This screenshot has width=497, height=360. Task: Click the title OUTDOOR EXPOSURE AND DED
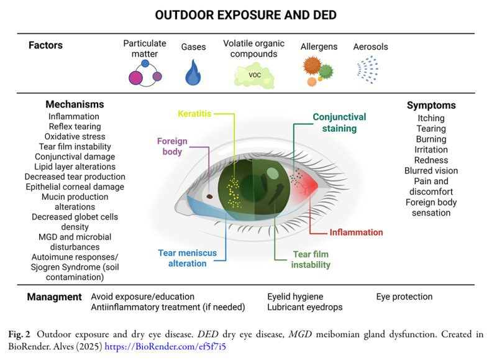tap(248, 14)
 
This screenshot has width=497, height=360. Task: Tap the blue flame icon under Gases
tap(193, 73)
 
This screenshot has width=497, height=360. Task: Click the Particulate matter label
tap(145, 48)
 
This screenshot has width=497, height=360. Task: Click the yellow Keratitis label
tap(194, 114)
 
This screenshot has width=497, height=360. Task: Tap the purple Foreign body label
tap(172, 146)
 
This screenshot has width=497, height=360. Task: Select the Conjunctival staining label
tap(339, 122)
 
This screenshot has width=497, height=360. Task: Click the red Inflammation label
tap(356, 233)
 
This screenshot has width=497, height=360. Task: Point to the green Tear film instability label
tap(311, 259)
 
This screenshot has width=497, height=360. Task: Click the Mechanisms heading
tap(75, 104)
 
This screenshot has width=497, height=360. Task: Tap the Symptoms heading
tap(431, 105)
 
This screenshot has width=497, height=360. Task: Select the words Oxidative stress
tap(75, 136)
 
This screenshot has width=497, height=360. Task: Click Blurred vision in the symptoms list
tap(431, 171)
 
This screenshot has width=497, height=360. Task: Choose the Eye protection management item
tap(404, 297)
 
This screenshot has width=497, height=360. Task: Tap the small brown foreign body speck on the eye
tap(210, 197)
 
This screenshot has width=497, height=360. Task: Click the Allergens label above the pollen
tap(319, 47)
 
